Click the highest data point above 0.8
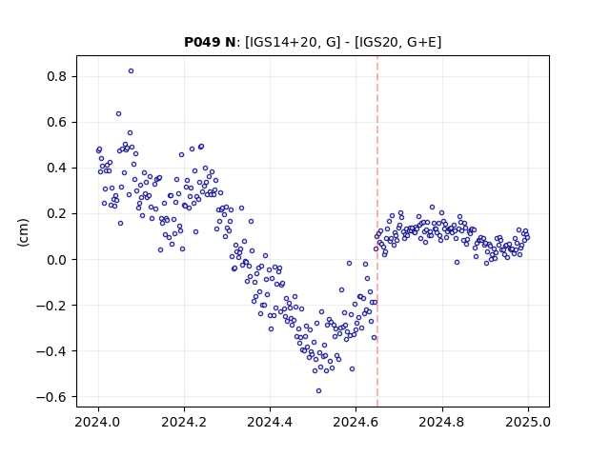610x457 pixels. pyautogui.click(x=132, y=71)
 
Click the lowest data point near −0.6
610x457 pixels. pyautogui.click(x=318, y=391)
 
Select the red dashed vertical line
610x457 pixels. pyautogui.click(x=377, y=231)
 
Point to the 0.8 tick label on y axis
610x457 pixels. pyautogui.click(x=57, y=76)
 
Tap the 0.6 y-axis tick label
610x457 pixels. pyautogui.click(x=57, y=123)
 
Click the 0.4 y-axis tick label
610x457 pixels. pyautogui.click(x=57, y=169)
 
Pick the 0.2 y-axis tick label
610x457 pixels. pyautogui.click(x=57, y=214)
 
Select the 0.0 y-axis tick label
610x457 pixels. pyautogui.click(x=57, y=260)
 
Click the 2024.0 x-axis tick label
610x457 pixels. pyautogui.click(x=98, y=422)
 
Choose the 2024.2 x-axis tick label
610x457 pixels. pyautogui.click(x=184, y=422)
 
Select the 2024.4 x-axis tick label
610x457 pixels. pyautogui.click(x=270, y=422)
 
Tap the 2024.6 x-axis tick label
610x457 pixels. pyautogui.click(x=356, y=422)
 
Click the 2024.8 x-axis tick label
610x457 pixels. pyautogui.click(x=442, y=422)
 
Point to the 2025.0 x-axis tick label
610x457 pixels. pyautogui.click(x=528, y=422)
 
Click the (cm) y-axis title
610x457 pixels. pyautogui.click(x=23, y=232)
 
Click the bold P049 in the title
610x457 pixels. pyautogui.click(x=199, y=42)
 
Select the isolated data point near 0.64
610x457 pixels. pyautogui.click(x=118, y=114)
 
